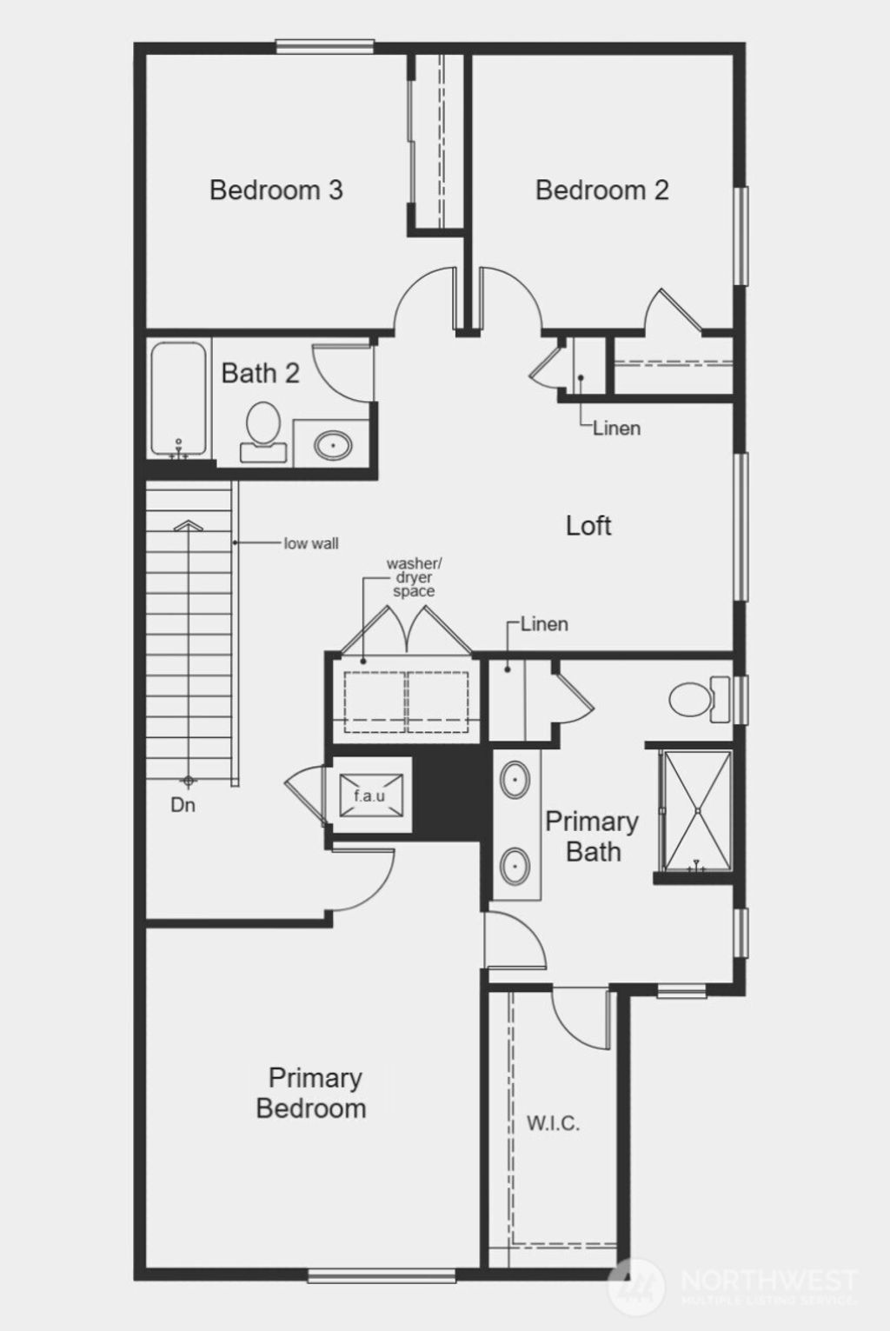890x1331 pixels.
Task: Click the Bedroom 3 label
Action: pos(276,190)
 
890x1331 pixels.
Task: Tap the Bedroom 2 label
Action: pos(601,190)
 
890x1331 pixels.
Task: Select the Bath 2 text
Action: pos(260,373)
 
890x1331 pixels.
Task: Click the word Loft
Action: pos(588,525)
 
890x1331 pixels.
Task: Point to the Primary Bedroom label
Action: pos(312,1093)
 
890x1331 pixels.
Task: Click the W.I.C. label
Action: pos(553,1123)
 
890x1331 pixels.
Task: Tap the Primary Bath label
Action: pos(592,836)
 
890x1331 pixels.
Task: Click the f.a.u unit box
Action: pos(369,795)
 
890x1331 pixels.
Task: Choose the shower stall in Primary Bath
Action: pos(697,811)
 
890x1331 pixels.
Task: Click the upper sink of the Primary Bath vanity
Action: pos(515,780)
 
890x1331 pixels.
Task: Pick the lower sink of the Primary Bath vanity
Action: pos(515,865)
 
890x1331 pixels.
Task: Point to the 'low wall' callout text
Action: pos(311,543)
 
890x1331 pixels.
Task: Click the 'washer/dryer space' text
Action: pos(413,577)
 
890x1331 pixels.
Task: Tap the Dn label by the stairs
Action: pos(183,805)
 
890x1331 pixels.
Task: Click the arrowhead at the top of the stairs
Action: pos(188,525)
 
